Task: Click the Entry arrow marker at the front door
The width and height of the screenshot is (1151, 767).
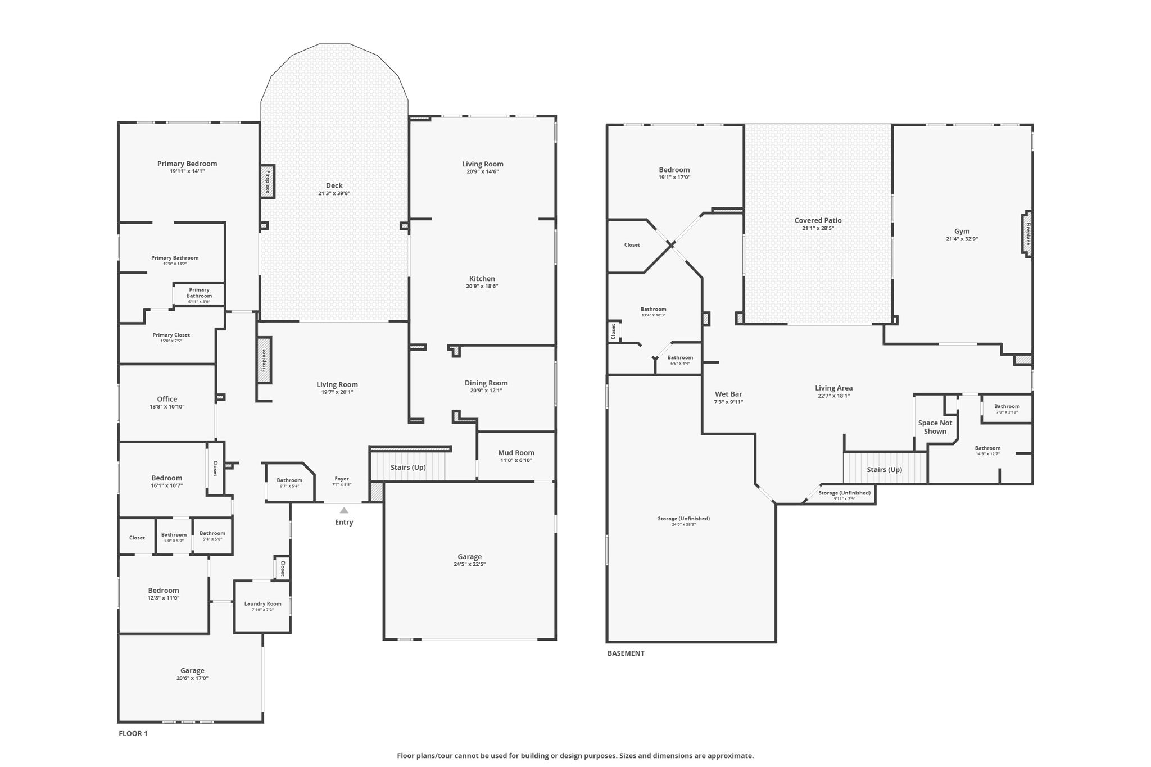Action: (344, 510)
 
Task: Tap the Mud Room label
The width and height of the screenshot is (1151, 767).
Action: (516, 453)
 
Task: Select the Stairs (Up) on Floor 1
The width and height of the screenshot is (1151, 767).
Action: (408, 468)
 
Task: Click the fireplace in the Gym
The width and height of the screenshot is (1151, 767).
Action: (1027, 234)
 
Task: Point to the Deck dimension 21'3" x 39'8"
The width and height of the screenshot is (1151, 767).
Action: (334, 193)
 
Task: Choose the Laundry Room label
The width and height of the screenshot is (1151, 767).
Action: (262, 604)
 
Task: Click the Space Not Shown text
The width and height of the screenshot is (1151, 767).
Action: (935, 427)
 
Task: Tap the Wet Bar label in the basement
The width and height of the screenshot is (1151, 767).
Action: (728, 394)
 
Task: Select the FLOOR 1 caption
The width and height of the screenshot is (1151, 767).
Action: (133, 733)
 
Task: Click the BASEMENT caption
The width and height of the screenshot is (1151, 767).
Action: (626, 653)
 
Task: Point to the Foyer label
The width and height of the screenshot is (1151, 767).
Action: (342, 479)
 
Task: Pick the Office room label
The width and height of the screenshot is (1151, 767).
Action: (167, 399)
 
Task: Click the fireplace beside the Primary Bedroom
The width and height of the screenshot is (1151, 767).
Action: (268, 181)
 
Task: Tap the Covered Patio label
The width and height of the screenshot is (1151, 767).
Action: (818, 220)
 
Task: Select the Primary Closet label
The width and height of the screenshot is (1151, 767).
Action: (171, 335)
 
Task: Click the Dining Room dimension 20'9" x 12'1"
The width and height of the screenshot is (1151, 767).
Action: (486, 391)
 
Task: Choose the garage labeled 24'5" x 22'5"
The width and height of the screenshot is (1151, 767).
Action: (469, 560)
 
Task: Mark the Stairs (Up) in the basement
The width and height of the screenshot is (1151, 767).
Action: (884, 470)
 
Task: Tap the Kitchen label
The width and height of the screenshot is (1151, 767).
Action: (482, 279)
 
